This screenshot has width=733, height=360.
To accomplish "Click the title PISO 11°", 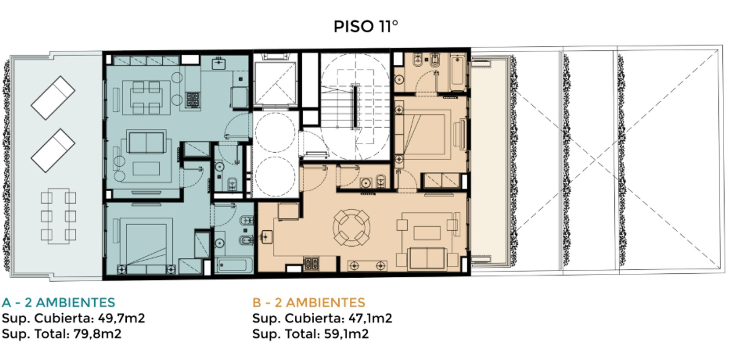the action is pyautogui.click(x=366, y=26).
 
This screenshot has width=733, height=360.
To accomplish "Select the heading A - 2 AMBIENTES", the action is pyautogui.click(x=58, y=302).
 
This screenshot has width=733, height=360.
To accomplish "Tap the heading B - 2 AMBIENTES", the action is pyautogui.click(x=308, y=302).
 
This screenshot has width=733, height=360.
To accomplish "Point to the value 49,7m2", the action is pyautogui.click(x=121, y=318).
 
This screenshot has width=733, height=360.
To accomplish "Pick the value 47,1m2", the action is pyautogui.click(x=370, y=318).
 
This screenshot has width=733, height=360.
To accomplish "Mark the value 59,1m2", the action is pyautogui.click(x=346, y=334).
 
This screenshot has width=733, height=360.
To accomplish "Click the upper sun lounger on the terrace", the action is pyautogui.click(x=53, y=98).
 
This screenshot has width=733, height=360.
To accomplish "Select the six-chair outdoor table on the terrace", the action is pyautogui.click(x=58, y=216).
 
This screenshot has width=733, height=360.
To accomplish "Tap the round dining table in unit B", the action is pyautogui.click(x=352, y=228).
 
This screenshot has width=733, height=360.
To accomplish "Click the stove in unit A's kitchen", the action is pyautogui.click(x=193, y=100).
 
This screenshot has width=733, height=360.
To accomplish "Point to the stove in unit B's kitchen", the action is pyautogui.click(x=311, y=263).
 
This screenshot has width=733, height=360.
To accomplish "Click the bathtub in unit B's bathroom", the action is pyautogui.click(x=458, y=72).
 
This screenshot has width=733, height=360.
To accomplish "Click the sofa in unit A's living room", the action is pyautogui.click(x=146, y=142).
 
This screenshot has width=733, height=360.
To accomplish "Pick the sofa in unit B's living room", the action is pyautogui.click(x=427, y=258).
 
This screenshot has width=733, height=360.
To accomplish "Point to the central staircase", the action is pyautogui.click(x=355, y=107).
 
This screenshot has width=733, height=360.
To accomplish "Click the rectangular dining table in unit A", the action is pyautogui.click(x=146, y=98).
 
